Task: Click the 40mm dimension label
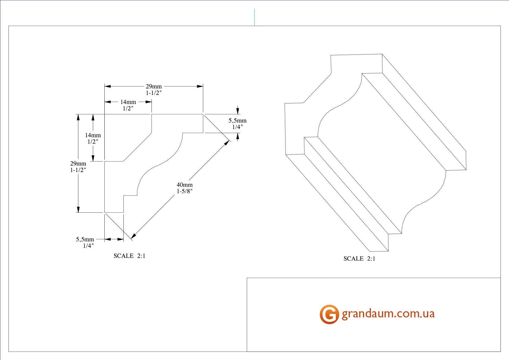[x=184, y=185]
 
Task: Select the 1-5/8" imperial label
[x=184, y=191]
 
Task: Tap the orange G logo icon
[x=329, y=314]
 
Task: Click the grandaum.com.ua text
[x=388, y=314]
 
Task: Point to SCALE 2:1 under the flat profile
[x=129, y=256]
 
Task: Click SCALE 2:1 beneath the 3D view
[x=359, y=259]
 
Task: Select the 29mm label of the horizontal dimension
[x=154, y=86]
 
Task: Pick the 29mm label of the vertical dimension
[x=78, y=163]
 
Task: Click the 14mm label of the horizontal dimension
[x=128, y=102]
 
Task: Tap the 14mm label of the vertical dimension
[x=93, y=135]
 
